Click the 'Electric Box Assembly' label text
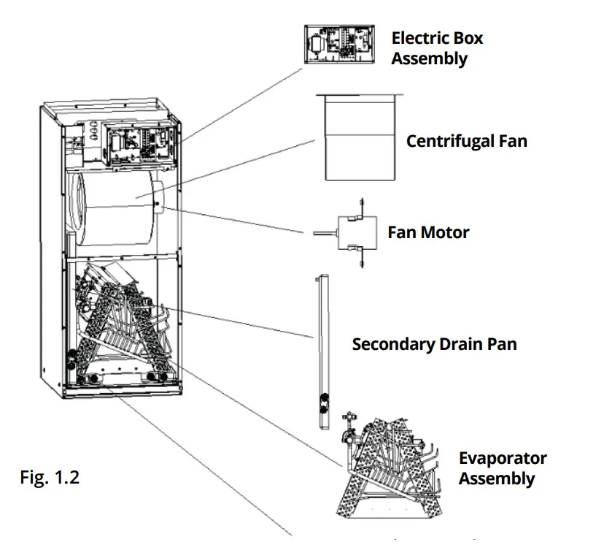coord(437,48)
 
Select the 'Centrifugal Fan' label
coord(466,141)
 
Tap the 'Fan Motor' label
coord(428,233)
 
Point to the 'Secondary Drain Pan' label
coord(434,343)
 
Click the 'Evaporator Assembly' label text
coord(502,468)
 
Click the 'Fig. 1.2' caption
coord(49,479)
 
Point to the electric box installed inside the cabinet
coord(136,142)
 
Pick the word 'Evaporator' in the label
coord(503,459)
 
